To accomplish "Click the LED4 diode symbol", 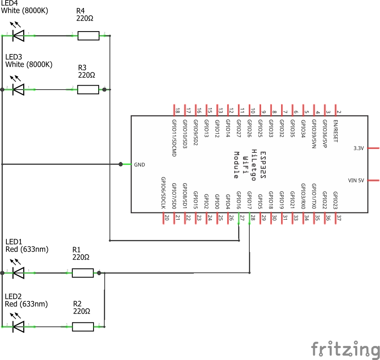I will [18, 36].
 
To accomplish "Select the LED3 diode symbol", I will [18, 90].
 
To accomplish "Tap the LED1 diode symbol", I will [18, 273].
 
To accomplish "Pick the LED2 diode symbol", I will [18, 326].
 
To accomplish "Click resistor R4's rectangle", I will [88, 36].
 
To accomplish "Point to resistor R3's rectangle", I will [88, 90].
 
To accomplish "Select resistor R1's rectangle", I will [83, 273].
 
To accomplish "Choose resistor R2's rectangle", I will [83, 326].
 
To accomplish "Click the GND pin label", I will [139, 164].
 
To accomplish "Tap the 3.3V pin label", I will [358, 148].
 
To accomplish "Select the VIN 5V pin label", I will [356, 180].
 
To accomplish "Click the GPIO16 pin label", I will [239, 200].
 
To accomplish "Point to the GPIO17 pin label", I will [249, 200].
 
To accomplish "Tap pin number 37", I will [338, 218].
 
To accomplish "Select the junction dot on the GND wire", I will [121, 164].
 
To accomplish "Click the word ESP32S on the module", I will [263, 164].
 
